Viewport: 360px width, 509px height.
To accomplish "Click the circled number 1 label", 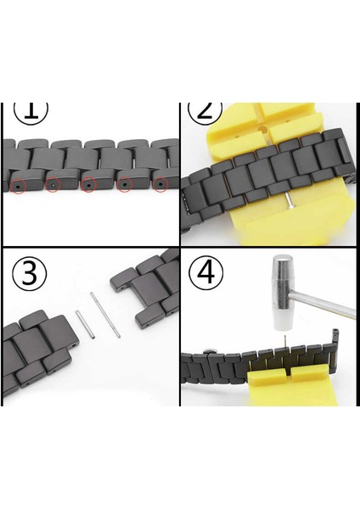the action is tap(31, 112).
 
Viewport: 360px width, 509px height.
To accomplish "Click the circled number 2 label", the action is tap(205, 113).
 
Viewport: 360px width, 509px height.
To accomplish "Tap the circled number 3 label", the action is tap(29, 273).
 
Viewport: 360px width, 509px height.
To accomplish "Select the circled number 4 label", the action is tap(206, 273).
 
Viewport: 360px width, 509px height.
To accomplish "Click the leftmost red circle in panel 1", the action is tap(18, 187).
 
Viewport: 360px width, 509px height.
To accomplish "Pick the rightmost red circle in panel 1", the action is tap(160, 185).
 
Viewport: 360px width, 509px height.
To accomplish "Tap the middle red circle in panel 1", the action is tap(88, 185).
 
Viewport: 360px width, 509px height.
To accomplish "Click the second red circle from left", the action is tap(53, 185).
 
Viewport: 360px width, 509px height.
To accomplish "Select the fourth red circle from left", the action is tap(125, 185).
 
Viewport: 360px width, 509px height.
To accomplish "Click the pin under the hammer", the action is tap(285, 342).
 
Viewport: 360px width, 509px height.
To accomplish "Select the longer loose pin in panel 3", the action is tap(105, 315).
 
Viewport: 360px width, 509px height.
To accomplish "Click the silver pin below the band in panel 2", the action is tap(289, 201).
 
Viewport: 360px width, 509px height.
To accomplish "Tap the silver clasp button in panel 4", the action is tap(211, 350).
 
